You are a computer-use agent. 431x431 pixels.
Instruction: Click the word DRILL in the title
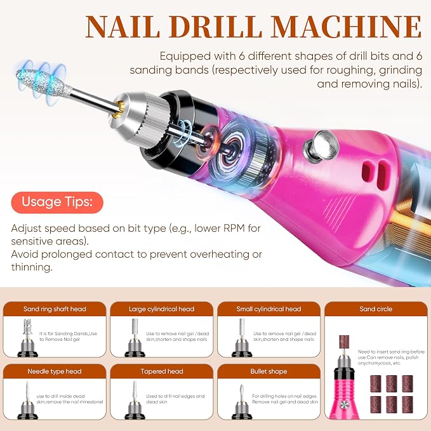pyautogui.click(x=216, y=27)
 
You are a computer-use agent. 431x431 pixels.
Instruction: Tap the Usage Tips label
pyautogui.click(x=57, y=202)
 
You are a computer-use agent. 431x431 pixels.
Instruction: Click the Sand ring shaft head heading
pyautogui.click(x=55, y=309)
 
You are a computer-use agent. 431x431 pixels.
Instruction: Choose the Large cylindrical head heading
pyautogui.click(x=162, y=309)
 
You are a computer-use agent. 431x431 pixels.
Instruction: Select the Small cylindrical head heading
pyautogui.click(x=269, y=309)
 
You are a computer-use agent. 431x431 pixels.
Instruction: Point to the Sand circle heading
pyautogui.click(x=376, y=309)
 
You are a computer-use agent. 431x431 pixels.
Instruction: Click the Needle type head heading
pyautogui.click(x=55, y=371)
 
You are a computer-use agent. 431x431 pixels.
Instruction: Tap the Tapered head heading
pyautogui.click(x=162, y=371)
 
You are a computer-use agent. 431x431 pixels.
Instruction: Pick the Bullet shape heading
pyautogui.click(x=269, y=371)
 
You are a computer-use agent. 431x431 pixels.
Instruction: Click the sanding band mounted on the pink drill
pyautogui.click(x=344, y=342)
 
